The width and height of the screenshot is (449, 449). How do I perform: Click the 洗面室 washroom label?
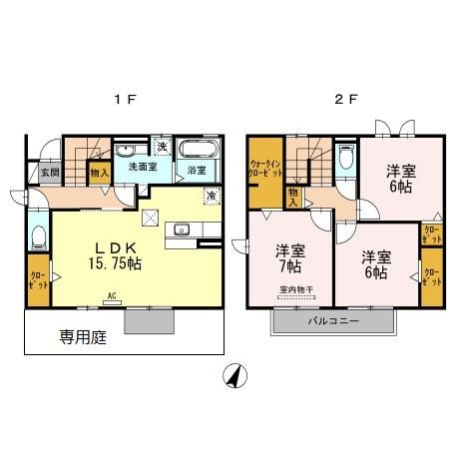click(x=141, y=168)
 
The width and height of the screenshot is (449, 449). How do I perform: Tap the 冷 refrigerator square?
click(x=211, y=196)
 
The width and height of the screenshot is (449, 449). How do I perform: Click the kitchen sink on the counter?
click(x=182, y=230)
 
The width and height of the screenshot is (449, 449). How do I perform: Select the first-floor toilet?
click(x=38, y=237)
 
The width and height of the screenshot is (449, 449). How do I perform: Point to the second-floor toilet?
click(x=344, y=157)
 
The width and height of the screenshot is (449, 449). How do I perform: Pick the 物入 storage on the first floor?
click(x=99, y=173)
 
